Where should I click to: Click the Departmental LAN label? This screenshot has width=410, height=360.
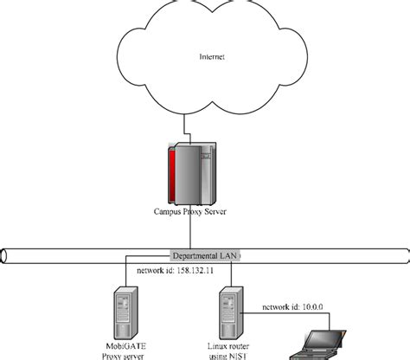[205, 255]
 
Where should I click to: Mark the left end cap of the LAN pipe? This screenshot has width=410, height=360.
[4, 255]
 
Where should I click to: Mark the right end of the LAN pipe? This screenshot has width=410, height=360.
[405, 255]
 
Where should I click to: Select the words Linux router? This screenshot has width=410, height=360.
[227, 345]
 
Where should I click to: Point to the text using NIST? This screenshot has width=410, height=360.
[227, 355]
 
